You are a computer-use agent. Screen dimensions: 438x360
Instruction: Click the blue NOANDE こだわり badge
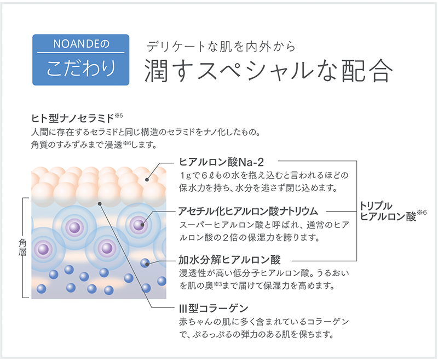coord(80,60)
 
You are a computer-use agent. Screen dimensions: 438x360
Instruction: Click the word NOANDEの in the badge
coord(81,44)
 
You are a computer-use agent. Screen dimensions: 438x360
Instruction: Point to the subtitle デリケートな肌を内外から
coord(221,47)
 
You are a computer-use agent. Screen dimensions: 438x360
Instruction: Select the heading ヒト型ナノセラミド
coord(73,118)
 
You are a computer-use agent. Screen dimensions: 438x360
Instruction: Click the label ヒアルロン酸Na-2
coord(222,162)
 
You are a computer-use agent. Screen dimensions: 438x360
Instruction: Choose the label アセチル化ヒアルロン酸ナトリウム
coord(248,211)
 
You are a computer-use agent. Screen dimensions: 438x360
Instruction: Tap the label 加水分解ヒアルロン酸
coord(229,260)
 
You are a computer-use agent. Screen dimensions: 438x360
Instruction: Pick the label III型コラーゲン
coord(214,308)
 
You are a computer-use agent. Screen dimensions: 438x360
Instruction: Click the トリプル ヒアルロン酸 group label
coord(388,212)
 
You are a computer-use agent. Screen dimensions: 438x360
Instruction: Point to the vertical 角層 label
coord(22,247)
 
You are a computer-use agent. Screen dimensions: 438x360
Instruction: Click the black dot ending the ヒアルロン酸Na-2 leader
coord(147,180)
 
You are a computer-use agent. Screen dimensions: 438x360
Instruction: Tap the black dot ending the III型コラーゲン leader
coord(100,203)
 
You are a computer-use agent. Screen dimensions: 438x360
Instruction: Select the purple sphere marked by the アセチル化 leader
coord(139,225)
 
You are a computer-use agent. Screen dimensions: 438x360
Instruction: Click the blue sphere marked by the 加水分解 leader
coord(145,263)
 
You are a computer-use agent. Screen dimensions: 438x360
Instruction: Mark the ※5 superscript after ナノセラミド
coord(119,116)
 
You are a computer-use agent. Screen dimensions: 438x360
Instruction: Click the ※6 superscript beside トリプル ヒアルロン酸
coord(422,213)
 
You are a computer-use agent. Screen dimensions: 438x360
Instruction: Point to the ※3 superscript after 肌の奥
coord(217,284)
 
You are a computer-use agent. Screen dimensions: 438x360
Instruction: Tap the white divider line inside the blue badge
coord(80,52)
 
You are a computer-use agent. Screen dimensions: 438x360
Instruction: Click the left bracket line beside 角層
coord(23,248)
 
